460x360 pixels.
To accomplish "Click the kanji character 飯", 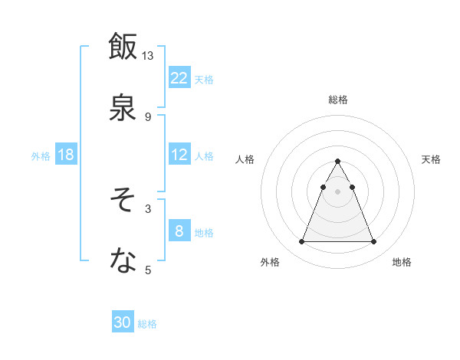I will pyautogui.click(x=123, y=46).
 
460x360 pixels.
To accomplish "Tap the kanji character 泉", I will pyautogui.click(x=123, y=106).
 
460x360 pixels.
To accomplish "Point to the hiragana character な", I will pyautogui.click(x=123, y=260).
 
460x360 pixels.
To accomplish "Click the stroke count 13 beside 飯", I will pyautogui.click(x=148, y=56).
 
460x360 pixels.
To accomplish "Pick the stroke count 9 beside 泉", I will pyautogui.click(x=148, y=116).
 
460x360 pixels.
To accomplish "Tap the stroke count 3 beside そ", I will pyautogui.click(x=148, y=208).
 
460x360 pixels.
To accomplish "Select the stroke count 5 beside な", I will pyautogui.click(x=148, y=270).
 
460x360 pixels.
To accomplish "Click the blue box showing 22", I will pyautogui.click(x=179, y=78).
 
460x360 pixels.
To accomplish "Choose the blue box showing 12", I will pyautogui.click(x=179, y=155).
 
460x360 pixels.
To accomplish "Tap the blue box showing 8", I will pyautogui.click(x=179, y=231).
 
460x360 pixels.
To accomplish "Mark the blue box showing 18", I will pyautogui.click(x=66, y=155).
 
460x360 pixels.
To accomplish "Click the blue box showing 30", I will pyautogui.click(x=123, y=323).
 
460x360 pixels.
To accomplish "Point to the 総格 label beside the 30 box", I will pyautogui.click(x=147, y=324).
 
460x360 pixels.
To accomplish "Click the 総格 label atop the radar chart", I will pyautogui.click(x=337, y=100).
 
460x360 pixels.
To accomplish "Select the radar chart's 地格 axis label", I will pyautogui.click(x=402, y=262).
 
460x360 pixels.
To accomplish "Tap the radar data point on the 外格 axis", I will pyautogui.click(x=301, y=242).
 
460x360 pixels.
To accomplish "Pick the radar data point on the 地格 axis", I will pyautogui.click(x=373, y=242).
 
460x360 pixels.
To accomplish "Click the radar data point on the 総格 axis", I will pyautogui.click(x=337, y=162).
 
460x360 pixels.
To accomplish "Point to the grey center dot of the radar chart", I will pyautogui.click(x=337, y=191).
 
